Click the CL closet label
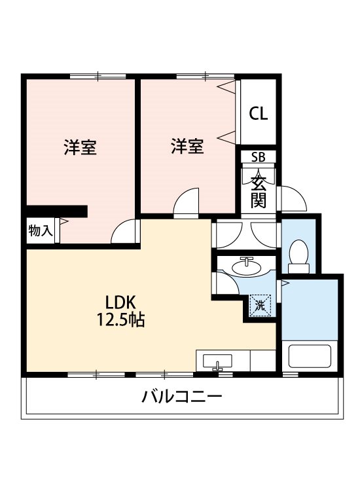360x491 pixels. pos(259,113)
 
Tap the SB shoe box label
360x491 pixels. pos(259,157)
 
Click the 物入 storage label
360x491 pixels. pos(41,230)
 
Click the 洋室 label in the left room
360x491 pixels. pos(80,147)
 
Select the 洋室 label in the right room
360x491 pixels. pos(187,146)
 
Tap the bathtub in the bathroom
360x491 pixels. pos(310,357)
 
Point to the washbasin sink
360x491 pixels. pos(247,266)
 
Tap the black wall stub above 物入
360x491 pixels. pos(57,211)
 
